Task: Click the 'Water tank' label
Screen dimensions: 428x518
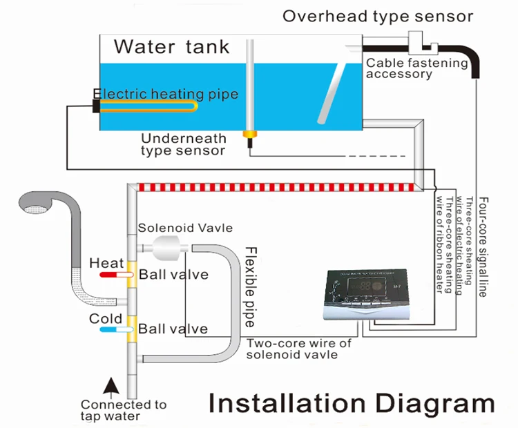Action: click(171, 47)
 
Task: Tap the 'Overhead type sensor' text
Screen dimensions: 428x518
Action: click(377, 16)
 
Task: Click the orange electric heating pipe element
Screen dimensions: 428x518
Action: click(148, 107)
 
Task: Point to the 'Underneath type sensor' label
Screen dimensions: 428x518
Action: click(183, 144)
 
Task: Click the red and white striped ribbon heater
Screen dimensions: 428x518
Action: click(276, 187)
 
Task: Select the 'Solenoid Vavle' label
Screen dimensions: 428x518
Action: click(185, 228)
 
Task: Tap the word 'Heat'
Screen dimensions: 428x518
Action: click(106, 263)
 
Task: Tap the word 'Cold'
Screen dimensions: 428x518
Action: click(106, 319)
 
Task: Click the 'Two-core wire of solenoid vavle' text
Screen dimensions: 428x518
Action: click(298, 349)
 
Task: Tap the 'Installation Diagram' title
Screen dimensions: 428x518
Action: click(352, 403)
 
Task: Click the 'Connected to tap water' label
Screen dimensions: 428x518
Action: click(124, 410)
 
